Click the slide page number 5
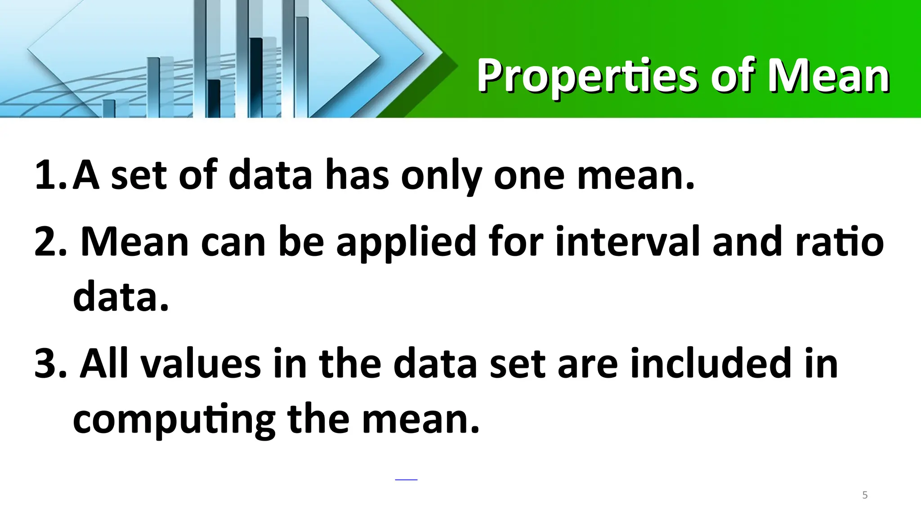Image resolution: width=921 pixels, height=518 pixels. [x=865, y=495]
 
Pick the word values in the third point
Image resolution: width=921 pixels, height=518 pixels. [x=201, y=363]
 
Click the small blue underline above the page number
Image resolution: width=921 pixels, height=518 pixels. [x=406, y=480]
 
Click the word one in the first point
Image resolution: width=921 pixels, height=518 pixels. [x=529, y=176]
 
